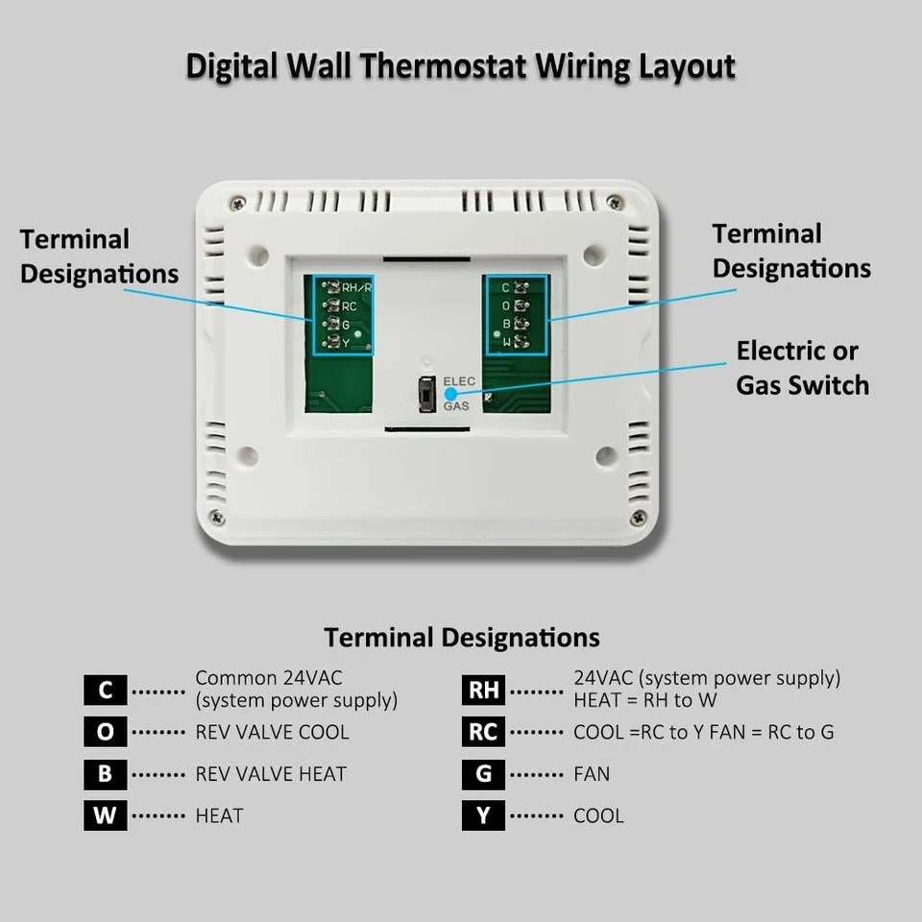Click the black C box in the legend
coord(105,690)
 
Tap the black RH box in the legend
coord(483,690)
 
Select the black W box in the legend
coord(105,815)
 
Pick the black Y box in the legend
coord(483,815)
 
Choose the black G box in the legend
coord(483,773)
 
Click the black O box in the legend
coord(105,732)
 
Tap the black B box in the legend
coord(105,773)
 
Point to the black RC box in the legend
coord(483,732)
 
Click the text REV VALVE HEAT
coord(271,774)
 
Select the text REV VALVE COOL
coord(272,732)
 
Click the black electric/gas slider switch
coord(426,394)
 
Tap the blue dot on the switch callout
coord(449,394)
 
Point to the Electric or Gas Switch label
coord(802,368)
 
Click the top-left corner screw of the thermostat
coord(237,203)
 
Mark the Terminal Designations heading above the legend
coord(461,637)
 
